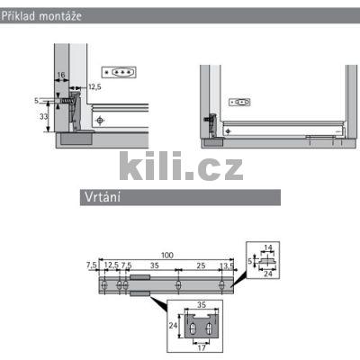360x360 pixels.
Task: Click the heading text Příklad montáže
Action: pos(41,15)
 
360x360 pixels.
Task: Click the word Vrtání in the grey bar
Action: pos(103,197)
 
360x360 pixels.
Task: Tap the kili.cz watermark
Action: pos(181,166)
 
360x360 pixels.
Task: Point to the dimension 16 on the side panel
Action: pos(61,75)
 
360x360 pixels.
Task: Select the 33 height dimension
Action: pos(44,116)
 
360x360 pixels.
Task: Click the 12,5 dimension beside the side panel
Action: pos(94,87)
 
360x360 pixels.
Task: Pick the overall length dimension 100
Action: pos(167,256)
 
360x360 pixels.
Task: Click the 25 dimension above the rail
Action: pos(201,265)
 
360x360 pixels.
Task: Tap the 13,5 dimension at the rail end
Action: pos(227,265)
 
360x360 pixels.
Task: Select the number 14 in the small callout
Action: pos(268,247)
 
